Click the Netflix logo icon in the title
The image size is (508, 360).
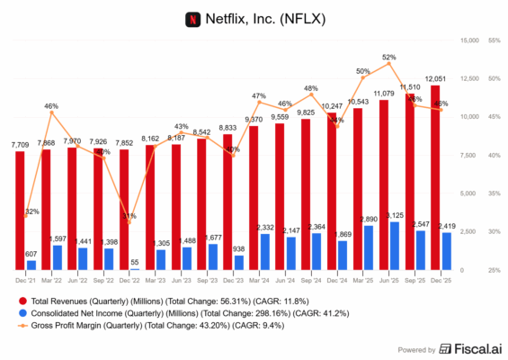click(191, 18)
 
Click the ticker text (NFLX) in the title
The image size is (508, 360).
click(302, 18)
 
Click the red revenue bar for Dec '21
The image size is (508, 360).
click(20, 211)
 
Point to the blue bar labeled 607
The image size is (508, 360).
click(31, 265)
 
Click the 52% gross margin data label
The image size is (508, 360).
click(388, 57)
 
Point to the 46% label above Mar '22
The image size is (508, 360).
click(51, 105)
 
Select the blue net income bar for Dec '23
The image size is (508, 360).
click(239, 262)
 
